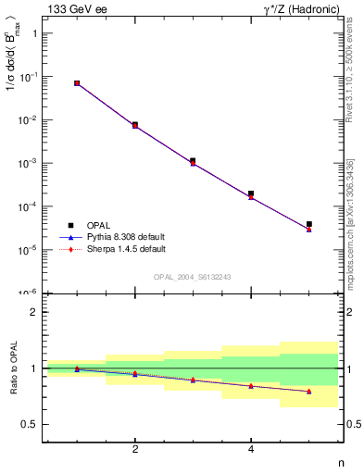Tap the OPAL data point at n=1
click(x=77, y=83)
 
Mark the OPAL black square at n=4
click(x=251, y=193)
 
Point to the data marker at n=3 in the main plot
click(x=193, y=161)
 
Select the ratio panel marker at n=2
click(x=135, y=374)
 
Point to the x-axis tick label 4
click(x=251, y=449)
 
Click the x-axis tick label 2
click(x=135, y=449)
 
